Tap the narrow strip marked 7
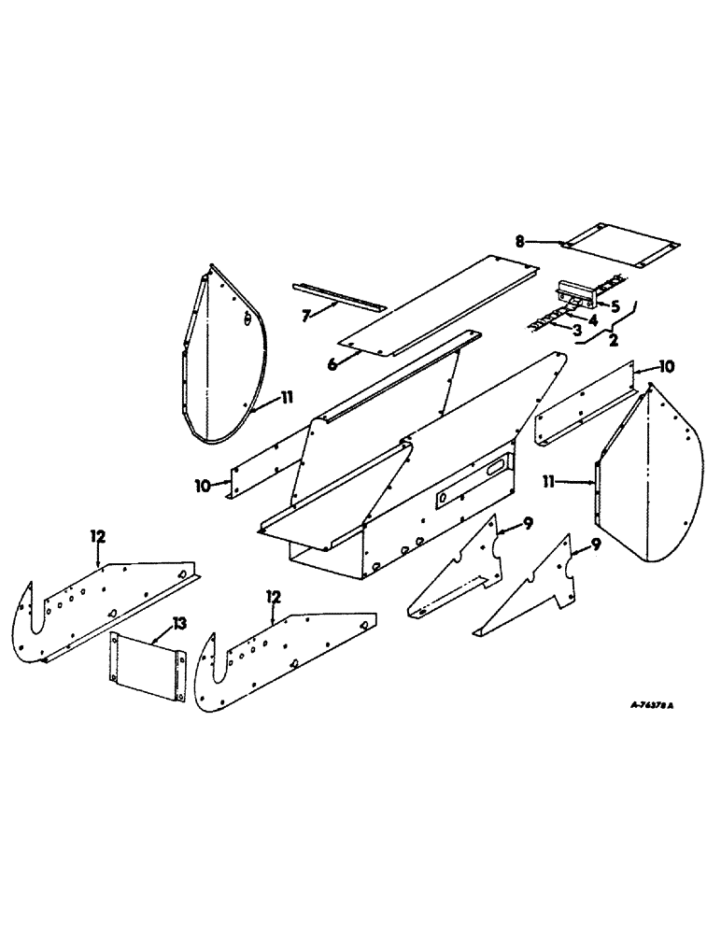click(338, 296)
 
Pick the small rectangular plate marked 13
click(144, 663)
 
